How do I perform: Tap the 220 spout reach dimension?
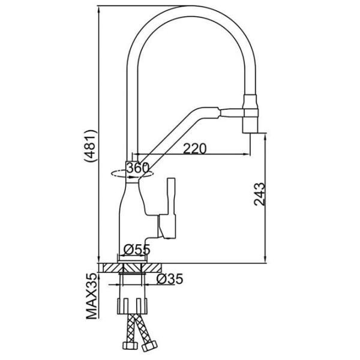coord(195,148)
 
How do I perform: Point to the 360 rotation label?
coord(138,169)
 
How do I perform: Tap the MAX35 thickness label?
coord(91,297)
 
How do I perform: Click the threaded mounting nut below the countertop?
coord(133,303)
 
